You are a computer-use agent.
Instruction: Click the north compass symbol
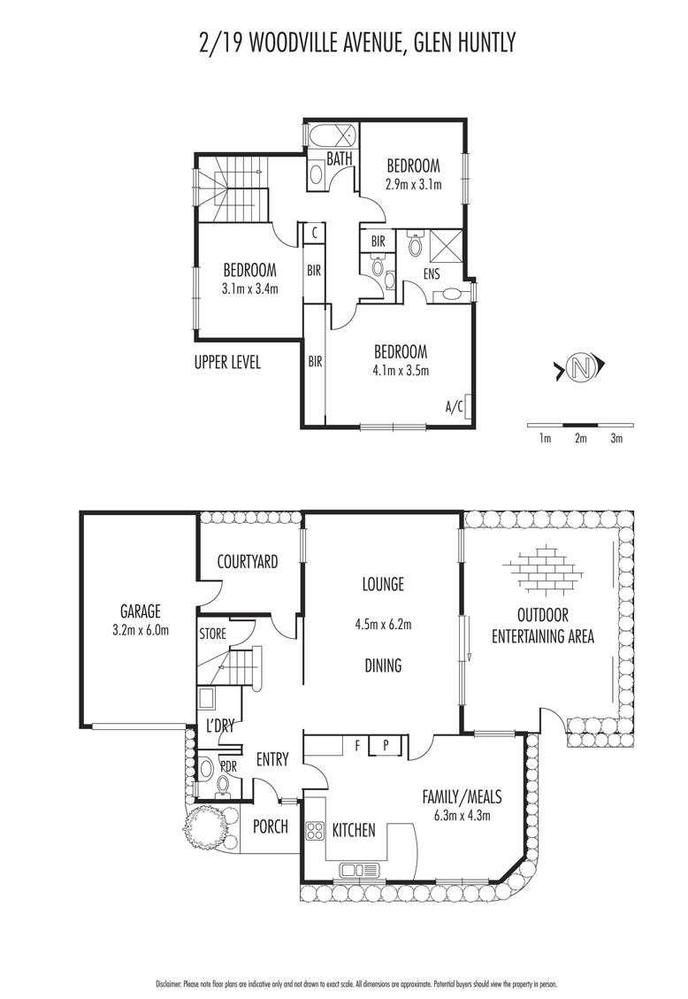[580, 367]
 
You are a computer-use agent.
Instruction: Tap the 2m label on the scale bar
[580, 438]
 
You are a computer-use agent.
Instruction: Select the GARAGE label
[141, 611]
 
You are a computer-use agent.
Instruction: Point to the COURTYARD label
[248, 561]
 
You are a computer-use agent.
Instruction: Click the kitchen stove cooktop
[315, 831]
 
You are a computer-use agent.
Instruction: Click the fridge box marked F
[357, 745]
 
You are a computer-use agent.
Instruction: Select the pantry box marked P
[386, 745]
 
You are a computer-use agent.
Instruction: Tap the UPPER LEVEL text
[227, 363]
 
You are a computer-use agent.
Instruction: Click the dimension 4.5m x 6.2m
[383, 625]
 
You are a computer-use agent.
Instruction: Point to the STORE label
[212, 634]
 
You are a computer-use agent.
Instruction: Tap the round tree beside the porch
[204, 826]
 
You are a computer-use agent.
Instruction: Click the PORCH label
[271, 826]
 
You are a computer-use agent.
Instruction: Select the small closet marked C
[315, 233]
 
